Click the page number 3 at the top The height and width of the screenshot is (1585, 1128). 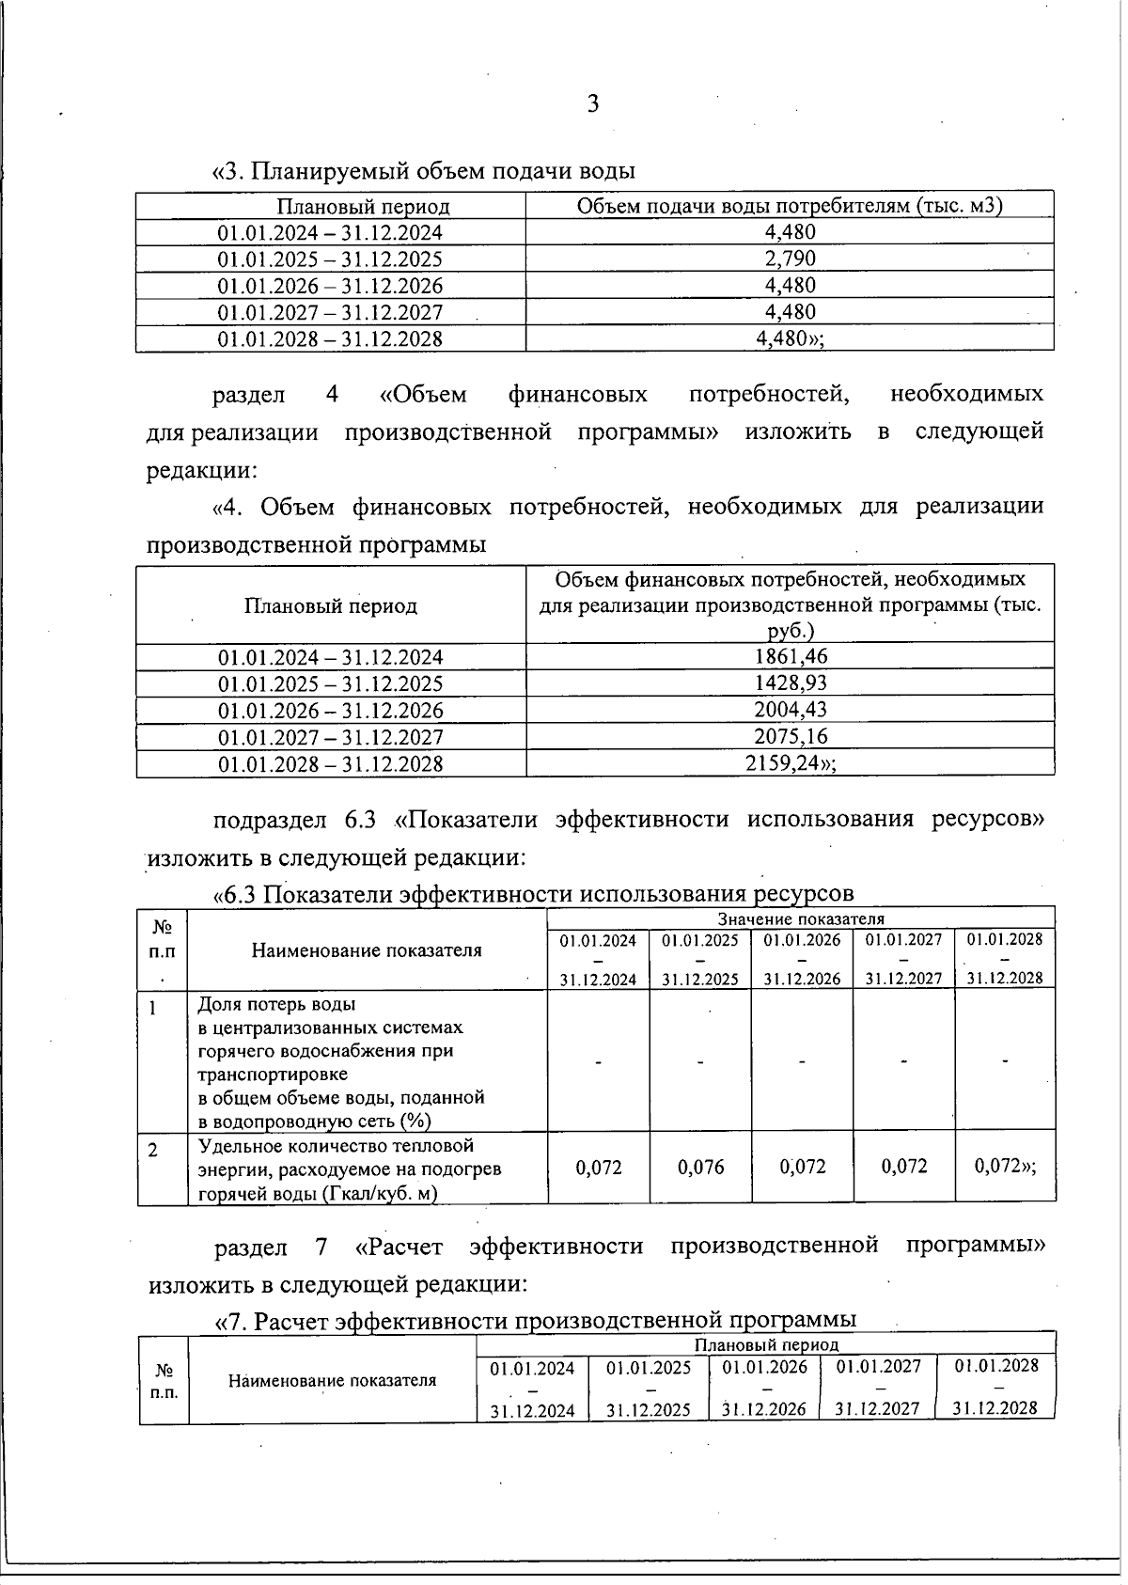592,104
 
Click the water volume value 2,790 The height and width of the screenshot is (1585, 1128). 790,259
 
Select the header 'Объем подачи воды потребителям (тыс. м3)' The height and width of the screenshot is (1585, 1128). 789,206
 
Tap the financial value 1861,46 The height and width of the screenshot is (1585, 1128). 790,656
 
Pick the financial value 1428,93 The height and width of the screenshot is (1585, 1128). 790,683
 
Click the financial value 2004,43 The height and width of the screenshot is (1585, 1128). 790,709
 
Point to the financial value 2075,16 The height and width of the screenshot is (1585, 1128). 790,736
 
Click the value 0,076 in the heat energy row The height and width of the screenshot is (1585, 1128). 700,1168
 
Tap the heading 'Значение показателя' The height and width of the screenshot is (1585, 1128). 800,918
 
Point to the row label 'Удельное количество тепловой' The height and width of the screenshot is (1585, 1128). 336,1146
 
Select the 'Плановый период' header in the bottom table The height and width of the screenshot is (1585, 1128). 765,1345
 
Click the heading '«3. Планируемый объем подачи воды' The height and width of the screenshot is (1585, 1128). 424,171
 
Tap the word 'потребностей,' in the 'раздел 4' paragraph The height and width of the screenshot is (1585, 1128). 769,394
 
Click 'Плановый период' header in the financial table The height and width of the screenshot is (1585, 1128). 331,606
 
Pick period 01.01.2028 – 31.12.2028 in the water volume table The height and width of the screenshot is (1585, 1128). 330,338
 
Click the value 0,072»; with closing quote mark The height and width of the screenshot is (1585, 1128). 1004,1167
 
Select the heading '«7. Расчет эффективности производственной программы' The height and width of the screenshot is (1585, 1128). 536,1322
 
